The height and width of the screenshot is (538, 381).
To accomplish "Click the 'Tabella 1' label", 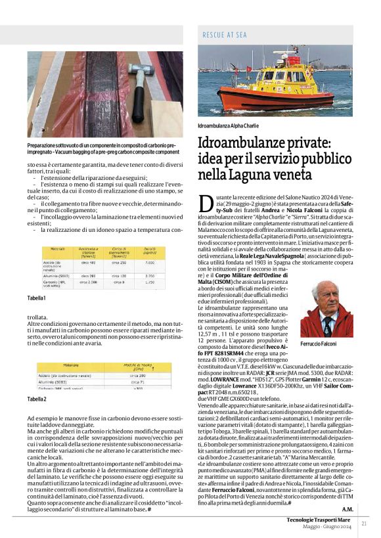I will pos(36,298).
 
